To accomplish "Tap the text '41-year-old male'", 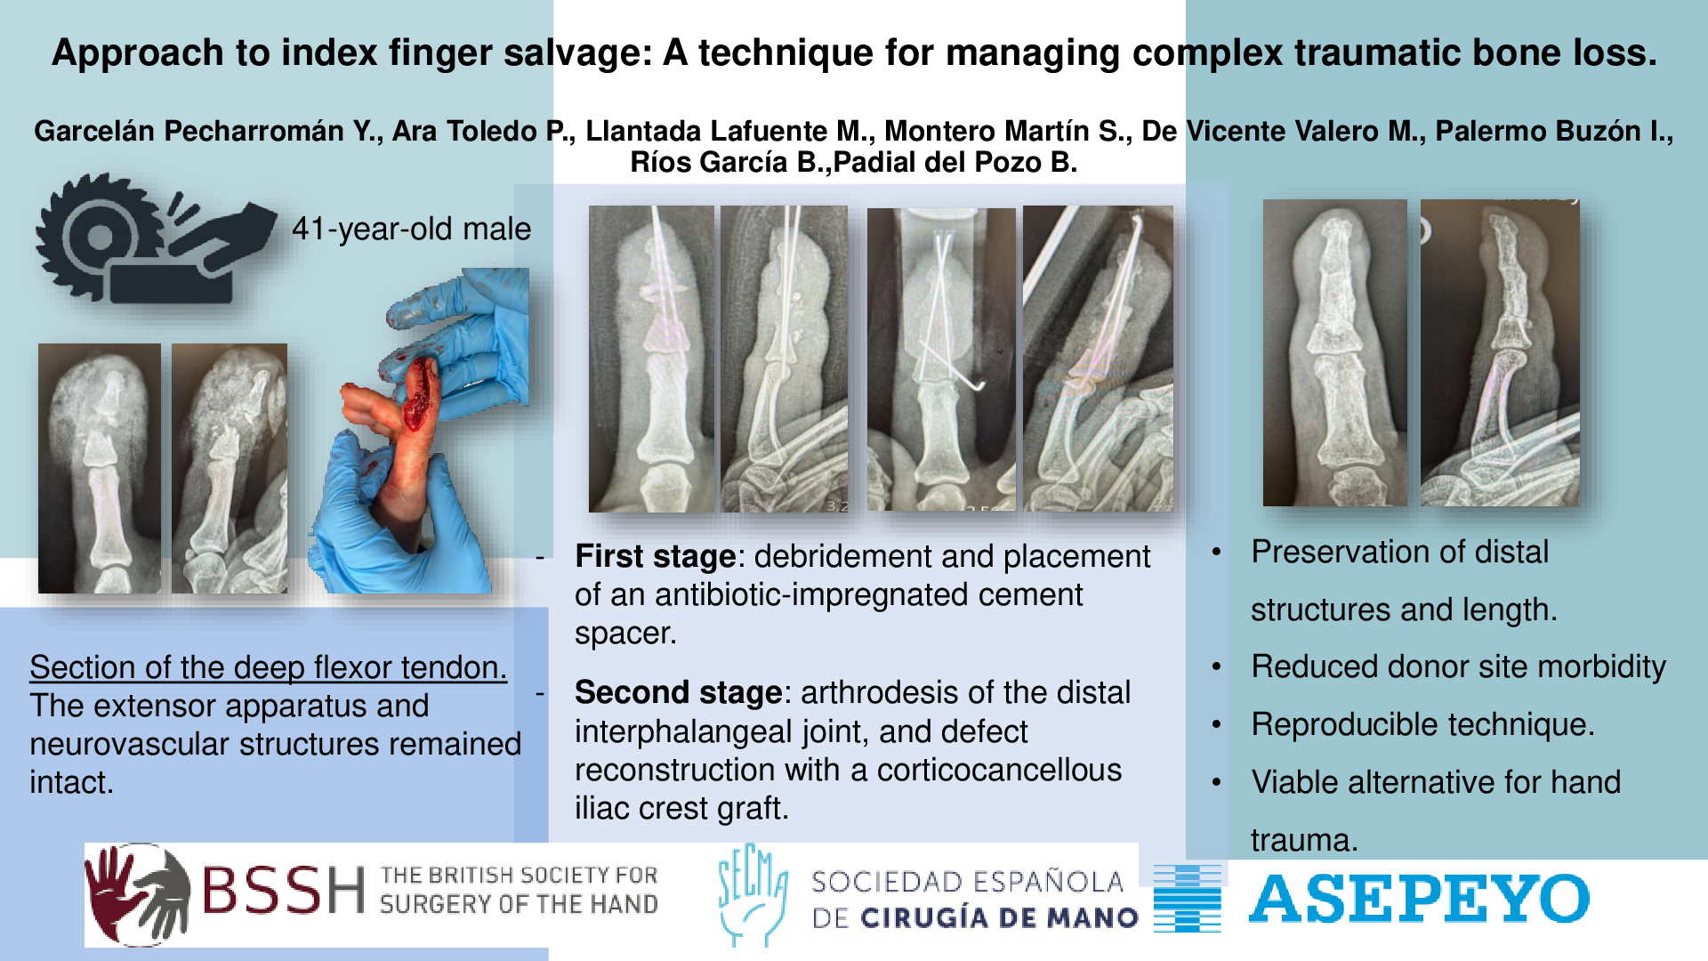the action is (x=411, y=229).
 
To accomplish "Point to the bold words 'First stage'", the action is (x=655, y=556).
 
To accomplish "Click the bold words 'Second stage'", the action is (x=678, y=692).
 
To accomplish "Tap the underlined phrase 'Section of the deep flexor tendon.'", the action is (x=268, y=667).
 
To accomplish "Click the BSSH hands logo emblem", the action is (x=138, y=894).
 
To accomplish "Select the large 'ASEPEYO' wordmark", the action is (x=1419, y=899).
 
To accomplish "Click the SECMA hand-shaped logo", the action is (x=753, y=893).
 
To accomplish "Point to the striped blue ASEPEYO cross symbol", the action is (x=1187, y=897).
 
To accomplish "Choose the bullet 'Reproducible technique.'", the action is (x=1422, y=724).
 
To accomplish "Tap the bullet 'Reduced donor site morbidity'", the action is (x=1458, y=666).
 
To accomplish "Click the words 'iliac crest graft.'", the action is (x=681, y=808).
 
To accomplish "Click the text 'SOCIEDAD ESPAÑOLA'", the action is (x=967, y=882).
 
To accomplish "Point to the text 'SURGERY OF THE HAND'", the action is (x=519, y=905).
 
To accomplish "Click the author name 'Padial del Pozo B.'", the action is (x=955, y=162).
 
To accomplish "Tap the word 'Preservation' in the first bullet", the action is (x=1358, y=552).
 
